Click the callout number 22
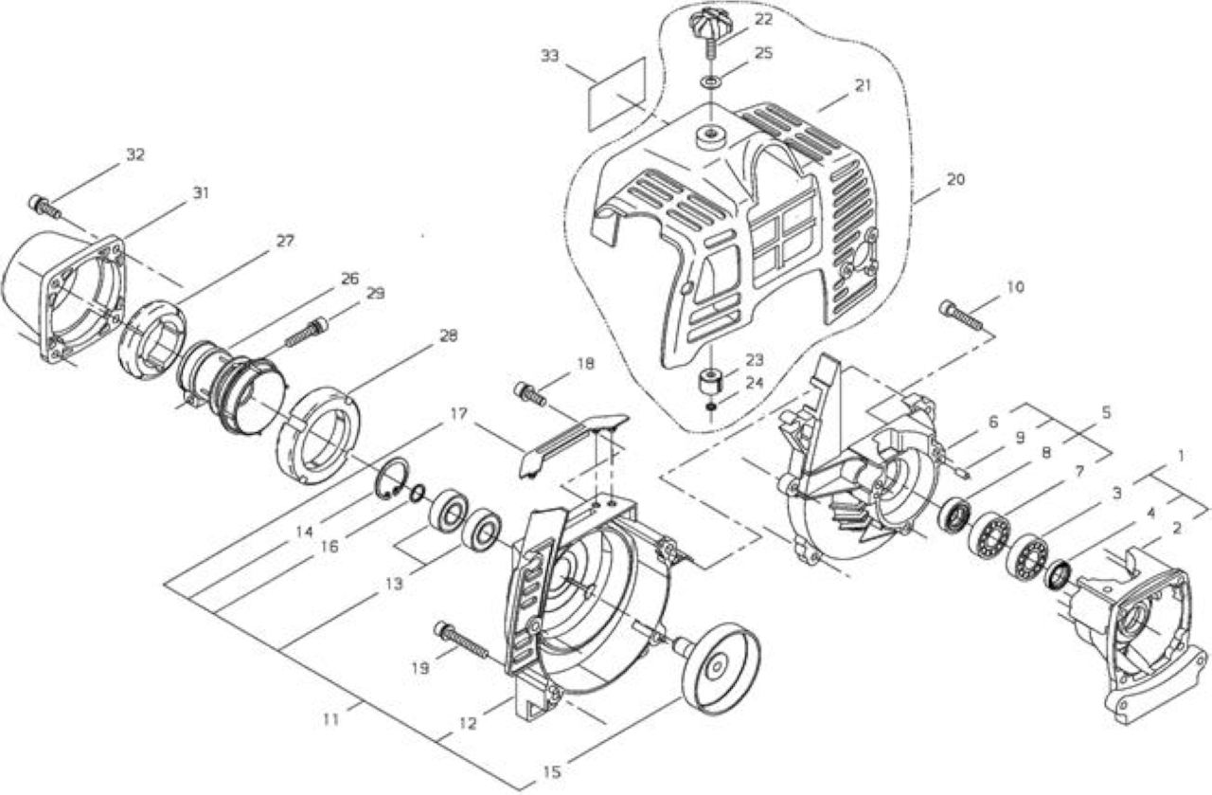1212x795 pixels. (x=763, y=19)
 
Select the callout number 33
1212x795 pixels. (x=550, y=56)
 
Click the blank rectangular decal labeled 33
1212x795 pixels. (x=617, y=94)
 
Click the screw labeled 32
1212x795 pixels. (x=44, y=206)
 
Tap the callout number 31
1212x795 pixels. (x=201, y=192)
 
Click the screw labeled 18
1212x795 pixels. (x=529, y=393)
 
